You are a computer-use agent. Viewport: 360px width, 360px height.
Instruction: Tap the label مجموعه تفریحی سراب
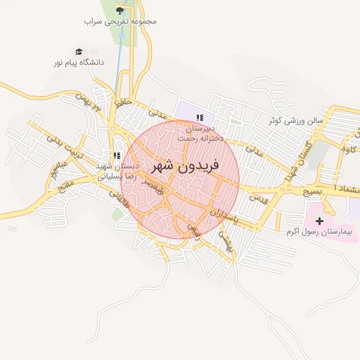[x=120, y=21]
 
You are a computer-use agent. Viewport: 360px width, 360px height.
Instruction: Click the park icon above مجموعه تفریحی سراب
[x=120, y=11]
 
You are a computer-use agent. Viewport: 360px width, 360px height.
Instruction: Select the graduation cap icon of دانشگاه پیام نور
[x=79, y=51]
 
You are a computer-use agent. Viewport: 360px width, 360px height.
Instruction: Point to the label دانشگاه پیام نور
[x=79, y=63]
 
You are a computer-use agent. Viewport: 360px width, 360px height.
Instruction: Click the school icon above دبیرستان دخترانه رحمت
[x=200, y=117]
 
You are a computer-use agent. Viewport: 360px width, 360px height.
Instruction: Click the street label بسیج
[x=310, y=191]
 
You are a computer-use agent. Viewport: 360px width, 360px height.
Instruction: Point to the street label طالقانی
[x=121, y=207]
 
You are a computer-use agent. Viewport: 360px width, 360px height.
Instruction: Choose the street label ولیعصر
[x=153, y=186]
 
